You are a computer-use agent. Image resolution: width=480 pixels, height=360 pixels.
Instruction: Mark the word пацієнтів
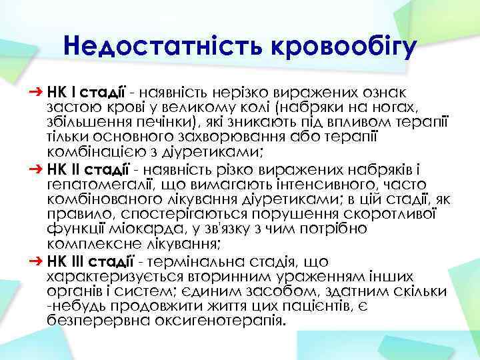point(314,305)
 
